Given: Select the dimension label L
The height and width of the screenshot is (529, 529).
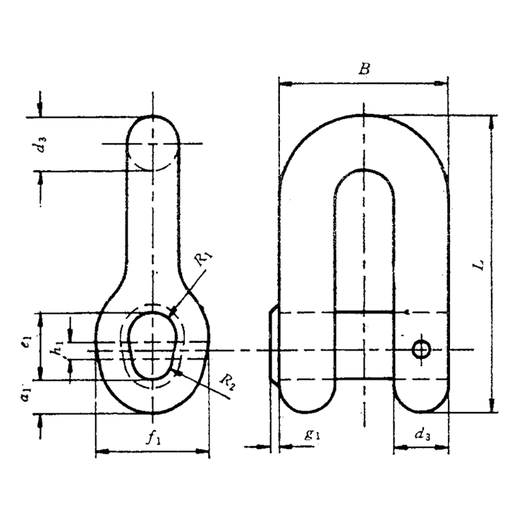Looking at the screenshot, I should click(x=479, y=265).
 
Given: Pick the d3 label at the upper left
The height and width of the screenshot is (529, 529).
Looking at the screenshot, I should click(x=43, y=145).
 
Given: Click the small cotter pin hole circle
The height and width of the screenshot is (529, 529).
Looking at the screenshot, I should click(x=422, y=348).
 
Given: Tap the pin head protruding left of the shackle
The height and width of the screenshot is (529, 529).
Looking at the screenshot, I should click(x=274, y=346).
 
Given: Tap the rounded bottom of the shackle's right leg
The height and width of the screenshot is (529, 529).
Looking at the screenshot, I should click(x=420, y=402).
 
